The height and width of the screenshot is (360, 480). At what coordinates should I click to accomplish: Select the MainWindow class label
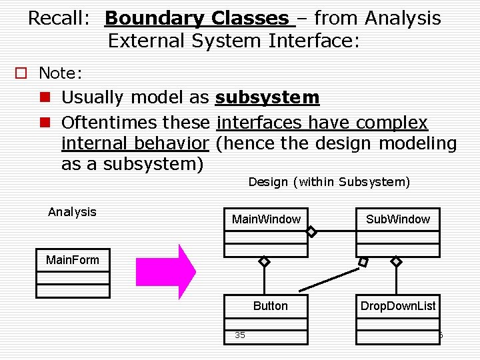click(266, 219)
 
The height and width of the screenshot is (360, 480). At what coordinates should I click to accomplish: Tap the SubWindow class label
click(397, 219)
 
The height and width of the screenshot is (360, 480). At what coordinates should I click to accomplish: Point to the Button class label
click(270, 306)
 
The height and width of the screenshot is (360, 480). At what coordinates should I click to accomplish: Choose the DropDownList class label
click(397, 306)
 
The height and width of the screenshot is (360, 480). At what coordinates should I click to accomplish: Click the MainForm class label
click(72, 260)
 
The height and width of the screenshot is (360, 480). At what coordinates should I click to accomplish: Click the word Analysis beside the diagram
click(72, 212)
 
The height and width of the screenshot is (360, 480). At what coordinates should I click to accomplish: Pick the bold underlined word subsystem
click(267, 97)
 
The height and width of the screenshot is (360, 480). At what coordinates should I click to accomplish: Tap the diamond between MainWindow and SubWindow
click(311, 232)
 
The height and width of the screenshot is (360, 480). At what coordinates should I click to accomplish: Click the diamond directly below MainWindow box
click(264, 262)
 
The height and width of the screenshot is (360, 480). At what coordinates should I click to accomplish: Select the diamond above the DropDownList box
click(396, 262)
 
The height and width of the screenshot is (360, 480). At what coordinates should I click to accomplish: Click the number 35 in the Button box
click(239, 335)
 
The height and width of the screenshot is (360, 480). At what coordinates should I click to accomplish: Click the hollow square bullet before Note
click(22, 73)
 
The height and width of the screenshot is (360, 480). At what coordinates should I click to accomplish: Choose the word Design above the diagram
click(268, 182)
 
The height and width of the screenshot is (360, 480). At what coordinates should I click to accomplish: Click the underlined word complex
click(392, 123)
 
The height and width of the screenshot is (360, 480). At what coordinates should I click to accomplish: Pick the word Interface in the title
click(310, 41)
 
